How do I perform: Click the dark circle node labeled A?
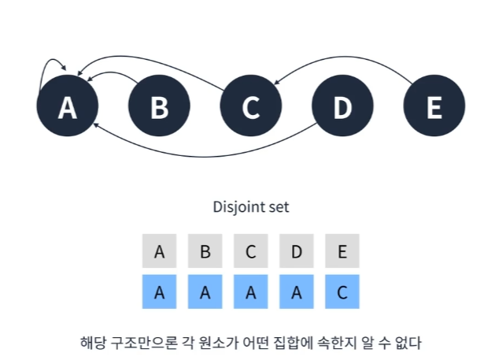[x=68, y=106]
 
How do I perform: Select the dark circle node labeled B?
[x=159, y=106]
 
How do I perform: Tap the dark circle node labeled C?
[x=250, y=106]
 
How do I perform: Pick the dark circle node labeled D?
[x=342, y=106]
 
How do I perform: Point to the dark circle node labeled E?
[x=434, y=106]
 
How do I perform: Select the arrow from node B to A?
[x=111, y=72]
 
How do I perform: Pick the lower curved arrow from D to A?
[x=204, y=157]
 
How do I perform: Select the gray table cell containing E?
[x=342, y=251]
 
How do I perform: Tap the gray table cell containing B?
[x=205, y=251]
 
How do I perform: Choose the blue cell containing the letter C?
[x=342, y=291]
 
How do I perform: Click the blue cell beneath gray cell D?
[x=297, y=291]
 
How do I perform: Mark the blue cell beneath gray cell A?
[x=159, y=291]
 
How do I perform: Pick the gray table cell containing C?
[x=250, y=251]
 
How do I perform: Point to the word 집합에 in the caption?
[x=293, y=343]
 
